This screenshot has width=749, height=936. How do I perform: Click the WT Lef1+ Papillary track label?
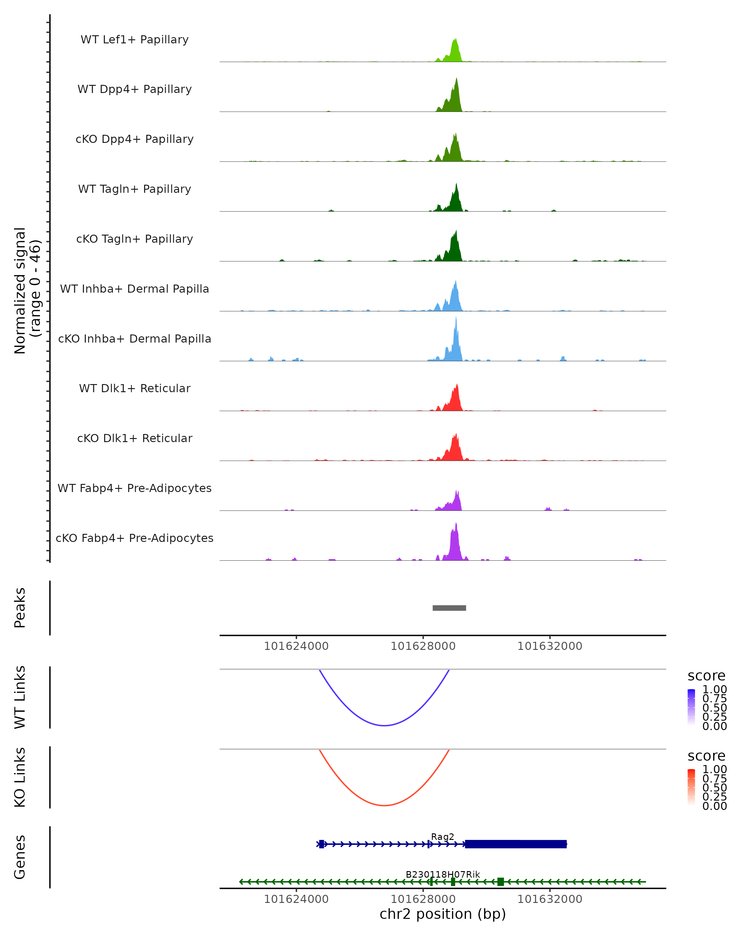point(135,40)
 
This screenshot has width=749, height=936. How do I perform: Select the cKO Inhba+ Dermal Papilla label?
point(135,339)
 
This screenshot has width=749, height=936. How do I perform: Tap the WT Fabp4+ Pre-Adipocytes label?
point(135,488)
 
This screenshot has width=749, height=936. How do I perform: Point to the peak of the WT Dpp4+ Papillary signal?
point(456,79)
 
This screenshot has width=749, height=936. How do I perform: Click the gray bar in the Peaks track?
point(449,608)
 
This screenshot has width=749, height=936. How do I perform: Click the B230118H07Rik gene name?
point(443,874)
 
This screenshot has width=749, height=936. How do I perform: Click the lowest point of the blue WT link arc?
point(384,725)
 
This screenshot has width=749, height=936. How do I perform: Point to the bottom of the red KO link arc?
point(384,805)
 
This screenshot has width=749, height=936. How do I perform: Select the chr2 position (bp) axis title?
point(443,914)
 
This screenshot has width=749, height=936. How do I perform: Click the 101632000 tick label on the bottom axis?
point(549,899)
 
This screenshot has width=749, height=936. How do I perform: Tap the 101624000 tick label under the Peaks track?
point(296,646)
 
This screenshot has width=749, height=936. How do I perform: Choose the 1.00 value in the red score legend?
point(714,769)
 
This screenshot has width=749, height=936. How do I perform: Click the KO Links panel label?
point(20,777)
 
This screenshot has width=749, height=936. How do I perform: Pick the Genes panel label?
point(20,857)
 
